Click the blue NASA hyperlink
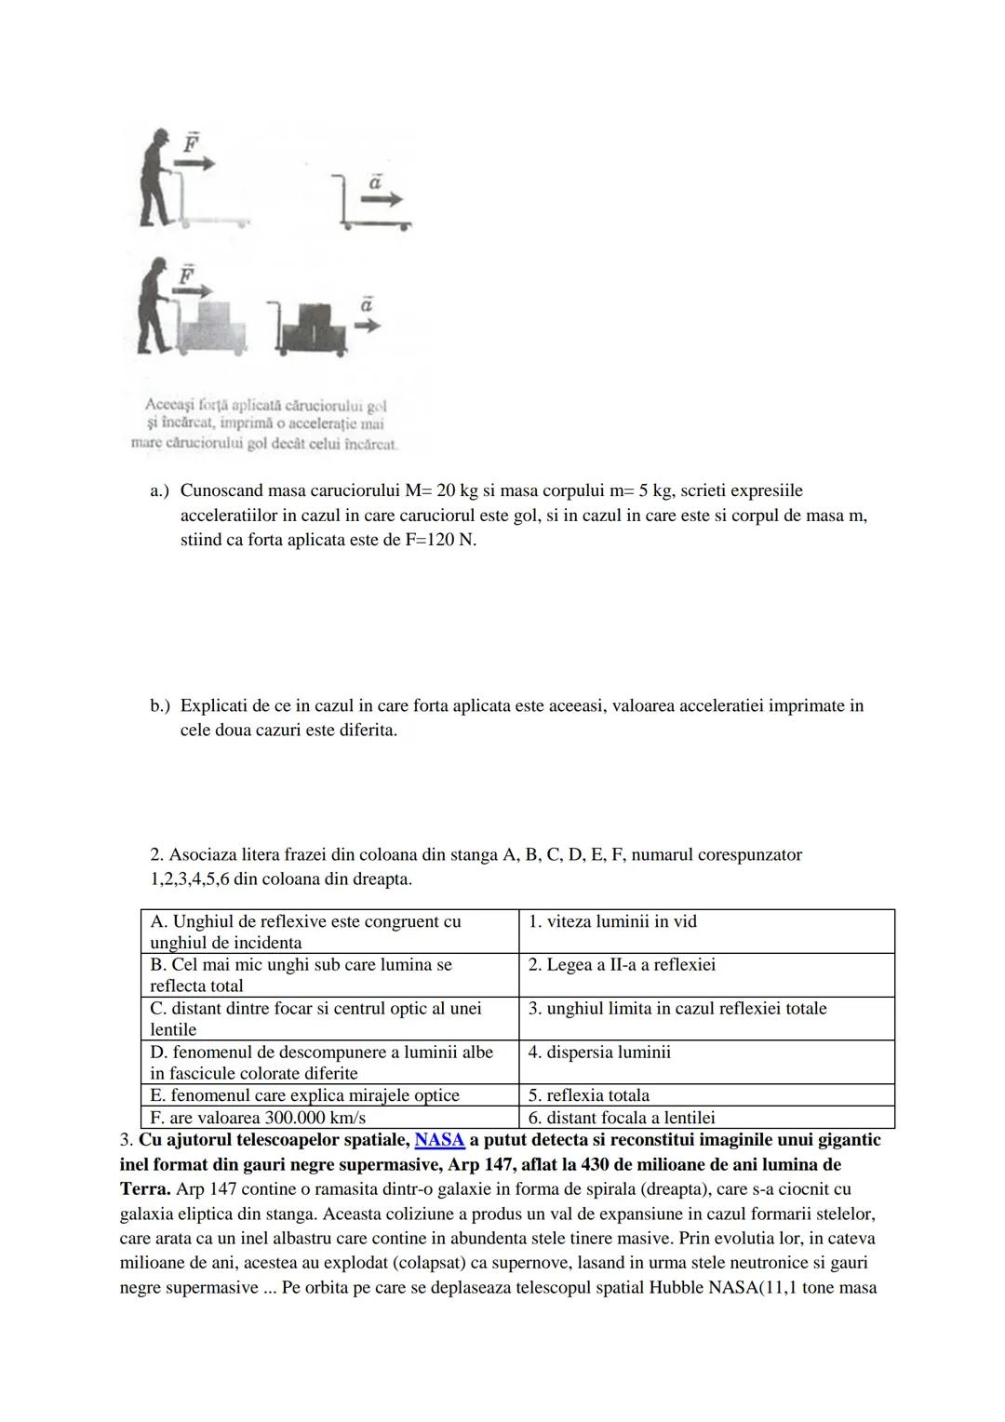pyautogui.click(x=439, y=1140)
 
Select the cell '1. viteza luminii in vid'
pyautogui.click(x=705, y=931)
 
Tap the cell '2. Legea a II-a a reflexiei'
pyautogui.click(x=705, y=974)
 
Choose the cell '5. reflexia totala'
pyautogui.click(x=705, y=1094)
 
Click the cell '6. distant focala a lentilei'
pyautogui.click(x=705, y=1118)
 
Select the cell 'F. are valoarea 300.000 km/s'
pyautogui.click(x=329, y=1118)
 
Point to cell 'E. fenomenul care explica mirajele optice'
pyautogui.click(x=329, y=1094)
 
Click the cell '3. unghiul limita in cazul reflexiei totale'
pyautogui.click(x=705, y=1018)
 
